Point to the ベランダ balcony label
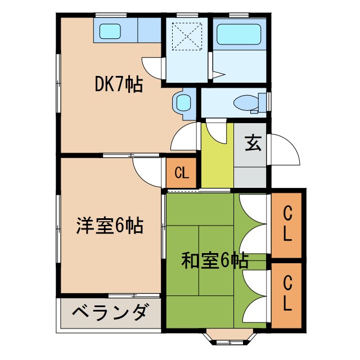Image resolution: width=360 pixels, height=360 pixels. (x=111, y=312)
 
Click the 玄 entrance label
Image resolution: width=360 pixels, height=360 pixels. (x=253, y=143)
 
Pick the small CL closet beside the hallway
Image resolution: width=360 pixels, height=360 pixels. (x=181, y=173)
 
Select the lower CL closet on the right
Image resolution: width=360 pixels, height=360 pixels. (x=287, y=292)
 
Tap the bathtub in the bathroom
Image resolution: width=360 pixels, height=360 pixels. (x=238, y=34)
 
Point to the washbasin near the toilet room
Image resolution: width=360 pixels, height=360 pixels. (x=183, y=102)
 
